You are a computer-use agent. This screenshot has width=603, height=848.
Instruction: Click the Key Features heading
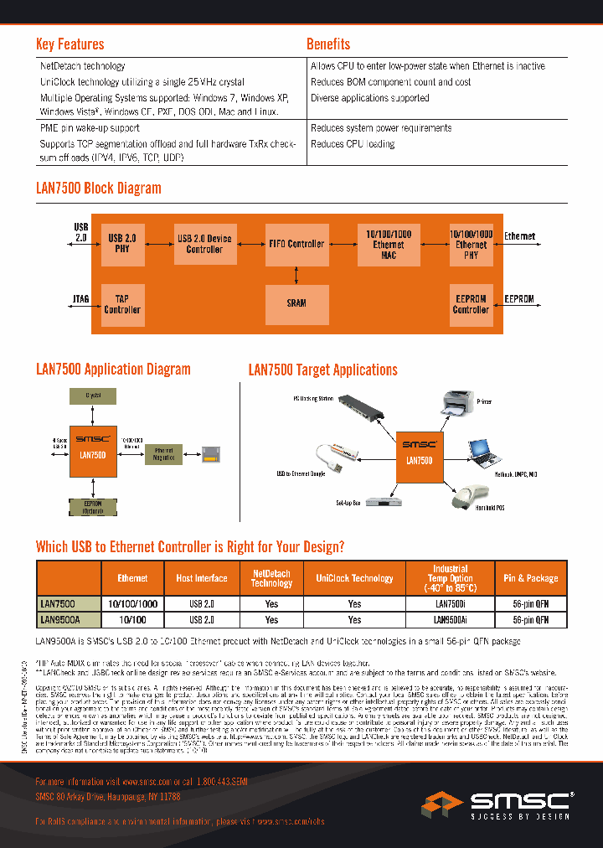(70, 44)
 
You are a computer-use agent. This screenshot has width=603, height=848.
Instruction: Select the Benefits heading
(328, 44)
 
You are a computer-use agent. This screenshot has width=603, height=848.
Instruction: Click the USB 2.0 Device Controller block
(204, 244)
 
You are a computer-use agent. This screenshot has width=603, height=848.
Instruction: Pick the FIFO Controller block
(296, 244)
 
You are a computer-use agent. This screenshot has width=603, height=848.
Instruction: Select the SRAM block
(296, 302)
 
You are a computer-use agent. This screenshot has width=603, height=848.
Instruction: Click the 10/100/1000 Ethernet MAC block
(388, 244)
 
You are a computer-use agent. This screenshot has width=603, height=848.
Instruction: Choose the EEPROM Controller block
(471, 303)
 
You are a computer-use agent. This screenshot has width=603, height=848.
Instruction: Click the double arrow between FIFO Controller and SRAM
(296, 275)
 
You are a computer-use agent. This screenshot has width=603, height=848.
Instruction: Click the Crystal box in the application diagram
(93, 394)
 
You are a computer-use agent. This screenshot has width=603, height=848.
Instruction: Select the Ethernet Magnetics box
(163, 454)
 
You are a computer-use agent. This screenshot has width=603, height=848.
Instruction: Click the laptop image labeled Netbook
(484, 451)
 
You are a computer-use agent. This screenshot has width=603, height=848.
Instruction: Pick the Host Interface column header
(201, 578)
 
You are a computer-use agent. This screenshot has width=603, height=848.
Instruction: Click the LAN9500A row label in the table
(59, 620)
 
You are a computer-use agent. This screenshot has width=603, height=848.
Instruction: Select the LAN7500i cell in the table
(450, 603)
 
